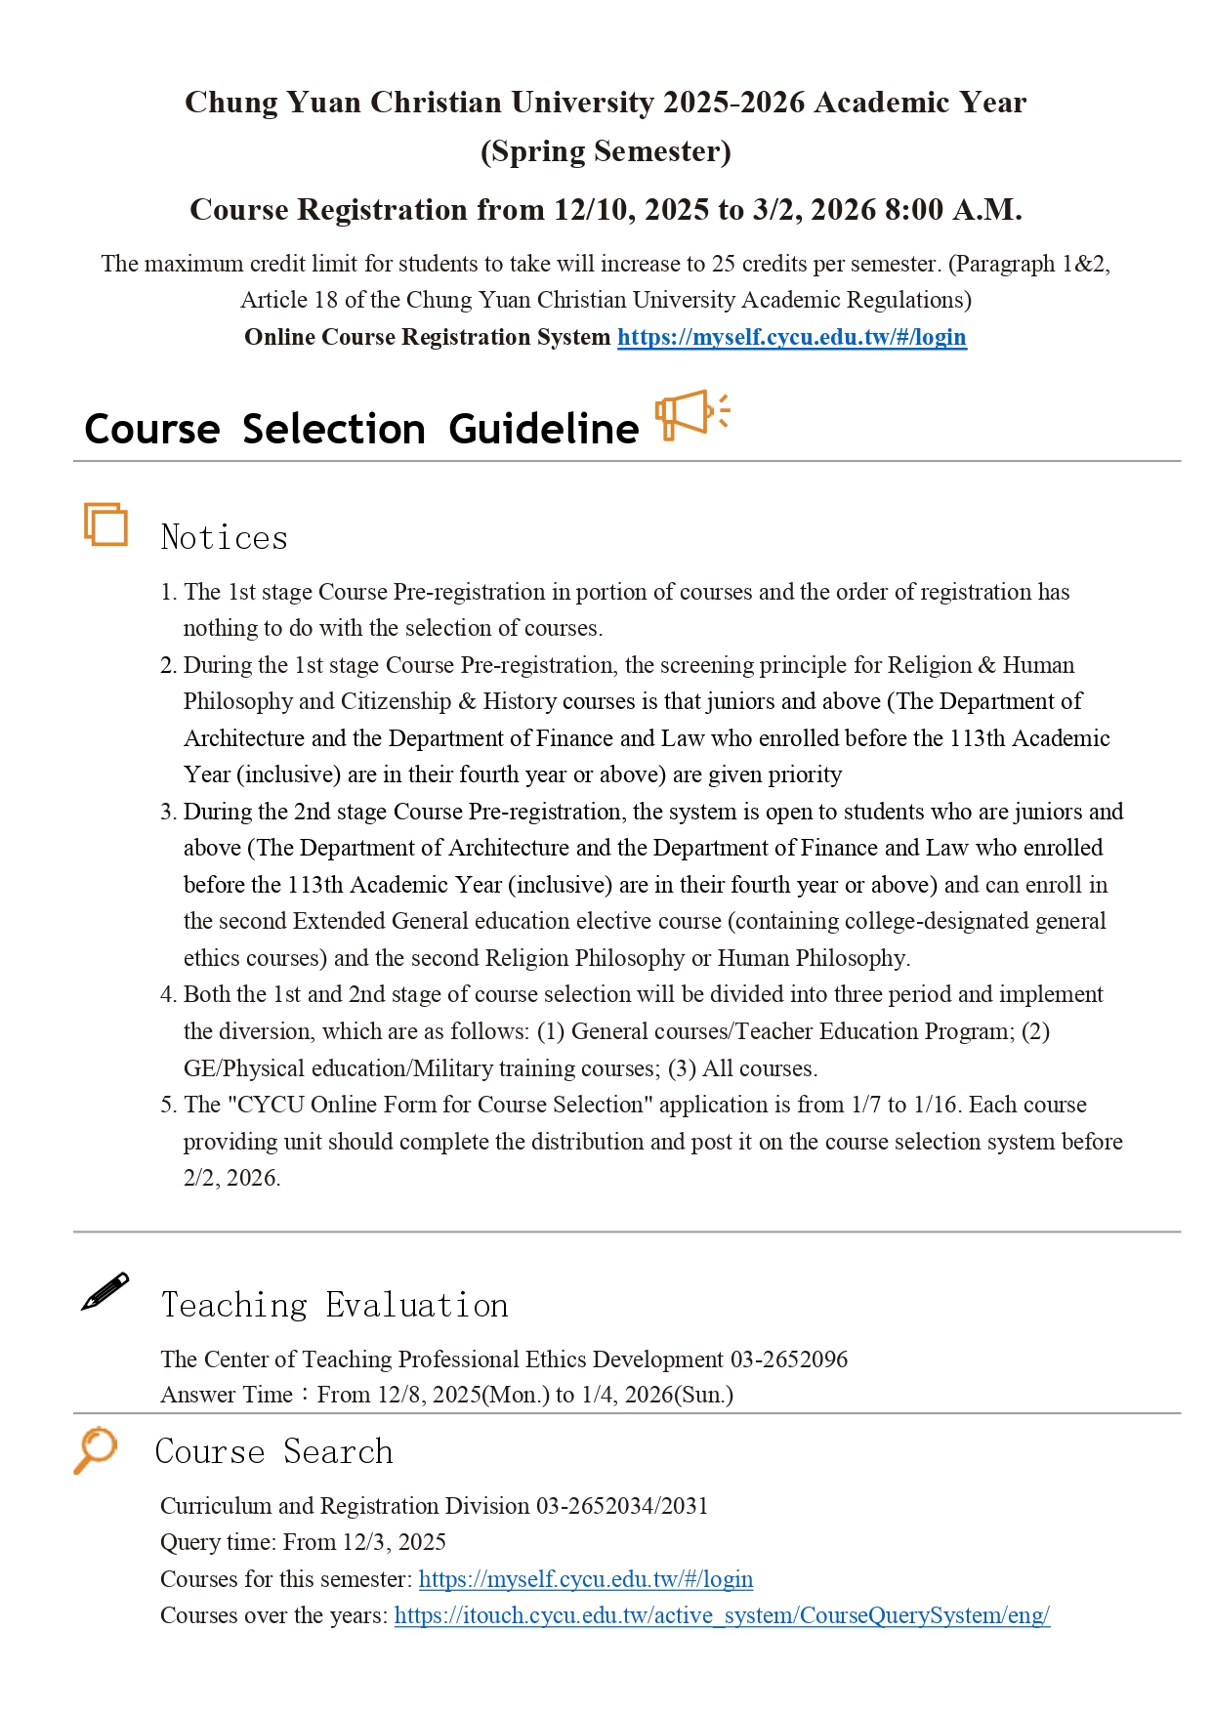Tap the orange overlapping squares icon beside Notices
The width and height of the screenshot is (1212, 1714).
click(105, 524)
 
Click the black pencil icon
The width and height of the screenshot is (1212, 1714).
click(104, 1291)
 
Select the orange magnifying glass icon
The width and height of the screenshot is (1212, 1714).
click(95, 1449)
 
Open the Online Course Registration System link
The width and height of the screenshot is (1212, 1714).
click(791, 337)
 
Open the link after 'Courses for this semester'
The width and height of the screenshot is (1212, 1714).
click(585, 1579)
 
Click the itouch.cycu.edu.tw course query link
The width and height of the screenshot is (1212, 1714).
click(722, 1615)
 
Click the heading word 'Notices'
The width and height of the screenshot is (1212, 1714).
click(224, 537)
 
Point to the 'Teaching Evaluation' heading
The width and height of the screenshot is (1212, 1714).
click(334, 1305)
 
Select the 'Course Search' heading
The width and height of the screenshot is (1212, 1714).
click(273, 1451)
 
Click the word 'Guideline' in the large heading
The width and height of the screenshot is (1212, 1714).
click(543, 429)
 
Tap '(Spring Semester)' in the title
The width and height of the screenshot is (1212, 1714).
click(606, 151)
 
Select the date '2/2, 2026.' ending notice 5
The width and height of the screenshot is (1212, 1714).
click(231, 1178)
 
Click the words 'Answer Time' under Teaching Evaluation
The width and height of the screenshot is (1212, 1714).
click(227, 1395)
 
